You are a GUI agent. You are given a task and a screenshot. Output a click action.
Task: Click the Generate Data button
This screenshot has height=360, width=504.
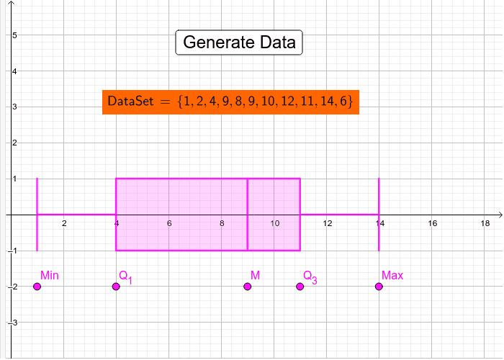coord(239,42)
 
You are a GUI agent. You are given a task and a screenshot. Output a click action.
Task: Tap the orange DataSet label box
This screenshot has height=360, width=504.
coord(230,102)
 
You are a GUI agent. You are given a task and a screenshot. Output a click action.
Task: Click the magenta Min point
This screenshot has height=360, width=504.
coord(37,287)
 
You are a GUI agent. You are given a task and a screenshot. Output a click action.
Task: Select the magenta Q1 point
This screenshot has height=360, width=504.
coord(116,287)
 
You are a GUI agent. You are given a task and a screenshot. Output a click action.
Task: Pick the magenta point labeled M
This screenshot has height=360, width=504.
coord(247,287)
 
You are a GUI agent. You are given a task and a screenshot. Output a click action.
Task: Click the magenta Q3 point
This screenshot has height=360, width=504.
coord(300,287)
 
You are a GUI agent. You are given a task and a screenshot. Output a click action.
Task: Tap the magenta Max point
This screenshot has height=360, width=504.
coord(379,287)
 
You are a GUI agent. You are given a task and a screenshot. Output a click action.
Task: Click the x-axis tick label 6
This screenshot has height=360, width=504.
coord(169,223)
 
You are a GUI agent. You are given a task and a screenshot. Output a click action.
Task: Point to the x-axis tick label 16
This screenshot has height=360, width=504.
coord(432,223)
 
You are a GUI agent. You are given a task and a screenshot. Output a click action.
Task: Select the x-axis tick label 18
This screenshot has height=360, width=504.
coord(485,223)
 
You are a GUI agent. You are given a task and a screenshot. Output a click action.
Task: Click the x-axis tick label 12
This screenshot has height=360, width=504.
coord(327,223)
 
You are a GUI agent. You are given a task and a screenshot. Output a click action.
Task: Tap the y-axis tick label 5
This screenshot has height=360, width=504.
coord(14,35)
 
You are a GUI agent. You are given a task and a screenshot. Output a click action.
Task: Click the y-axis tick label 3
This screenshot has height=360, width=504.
coord(14,107)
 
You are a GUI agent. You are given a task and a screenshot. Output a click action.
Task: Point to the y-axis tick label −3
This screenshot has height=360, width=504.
coord(12,323)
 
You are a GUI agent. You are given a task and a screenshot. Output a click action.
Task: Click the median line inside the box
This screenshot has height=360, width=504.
coord(247,215)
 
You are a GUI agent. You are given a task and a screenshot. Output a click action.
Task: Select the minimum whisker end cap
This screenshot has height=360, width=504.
coord(37,215)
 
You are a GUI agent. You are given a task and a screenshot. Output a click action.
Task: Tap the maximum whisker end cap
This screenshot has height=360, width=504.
coord(379,215)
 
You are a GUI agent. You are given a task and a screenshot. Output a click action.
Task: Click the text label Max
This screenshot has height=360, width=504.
coord(392,276)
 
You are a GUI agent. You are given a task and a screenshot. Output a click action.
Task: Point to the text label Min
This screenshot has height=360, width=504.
coord(50,276)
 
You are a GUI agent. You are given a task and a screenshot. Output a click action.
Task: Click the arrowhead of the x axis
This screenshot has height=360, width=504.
coord(500,215)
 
